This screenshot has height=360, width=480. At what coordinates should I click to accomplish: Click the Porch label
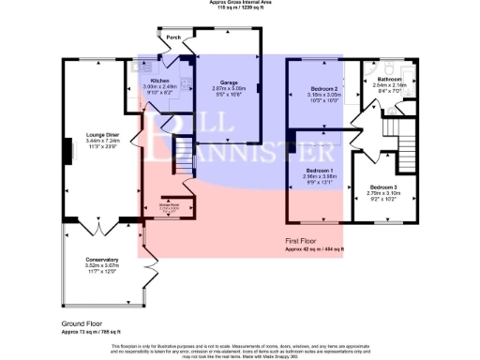click(x=173, y=38)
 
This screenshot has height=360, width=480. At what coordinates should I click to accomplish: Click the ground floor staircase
click(x=184, y=169)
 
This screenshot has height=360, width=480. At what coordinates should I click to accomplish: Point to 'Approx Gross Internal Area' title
click(x=239, y=3)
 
